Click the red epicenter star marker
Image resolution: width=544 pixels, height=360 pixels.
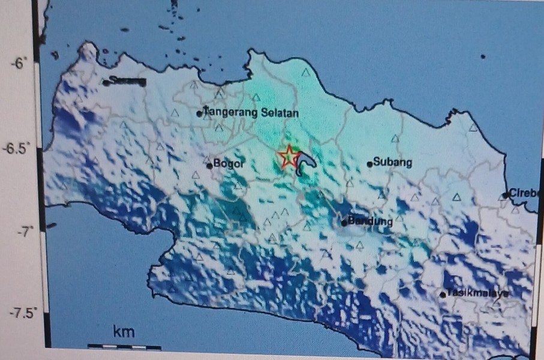[288, 157]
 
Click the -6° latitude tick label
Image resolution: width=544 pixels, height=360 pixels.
[18, 62]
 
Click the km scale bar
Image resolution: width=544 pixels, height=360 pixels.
[124, 347]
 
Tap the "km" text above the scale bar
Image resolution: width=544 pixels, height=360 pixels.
[124, 332]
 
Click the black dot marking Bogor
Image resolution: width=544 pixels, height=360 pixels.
[209, 166]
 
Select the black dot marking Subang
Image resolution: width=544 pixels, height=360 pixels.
[369, 164]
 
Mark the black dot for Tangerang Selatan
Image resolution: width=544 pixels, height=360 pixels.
[199, 113]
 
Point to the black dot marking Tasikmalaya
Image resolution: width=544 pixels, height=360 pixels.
[443, 294]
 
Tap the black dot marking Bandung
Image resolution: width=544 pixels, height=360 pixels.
[344, 223]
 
